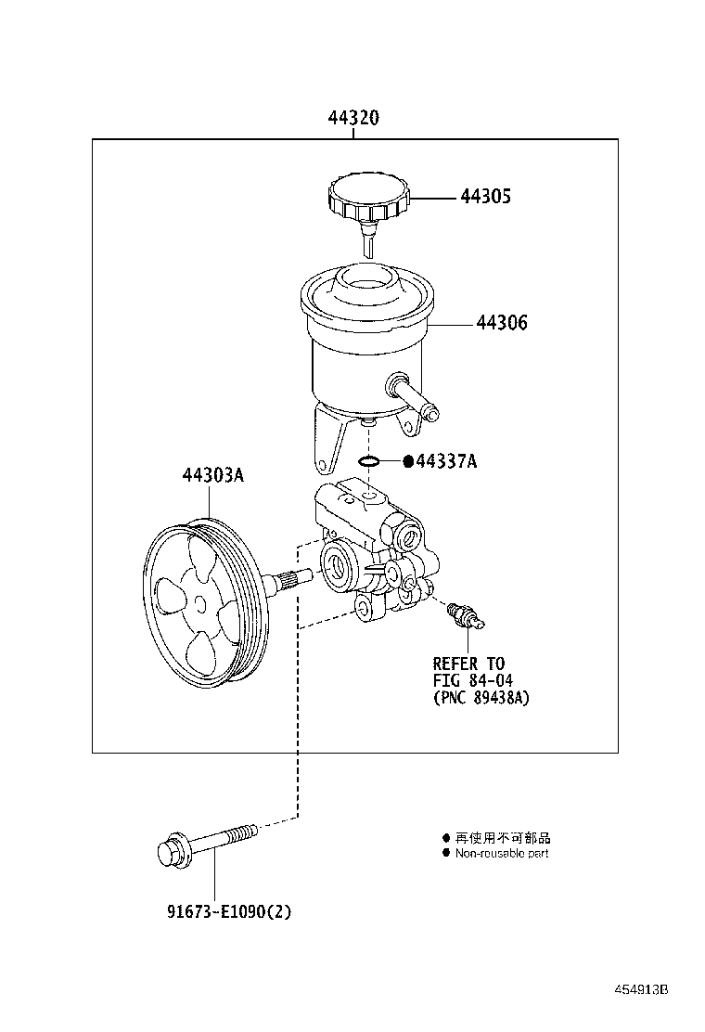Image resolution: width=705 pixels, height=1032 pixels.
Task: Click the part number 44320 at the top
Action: tap(352, 119)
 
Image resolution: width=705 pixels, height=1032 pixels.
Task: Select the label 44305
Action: tap(486, 197)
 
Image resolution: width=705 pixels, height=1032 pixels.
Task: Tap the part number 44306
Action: tap(502, 324)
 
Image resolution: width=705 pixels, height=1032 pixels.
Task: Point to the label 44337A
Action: tap(446, 461)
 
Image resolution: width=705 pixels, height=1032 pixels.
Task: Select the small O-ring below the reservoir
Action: tap(368, 460)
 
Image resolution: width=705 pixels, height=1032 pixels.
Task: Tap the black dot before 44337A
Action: tap(406, 461)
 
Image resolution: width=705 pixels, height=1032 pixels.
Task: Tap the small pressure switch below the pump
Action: tap(460, 613)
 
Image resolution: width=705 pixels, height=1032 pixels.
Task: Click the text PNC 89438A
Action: tap(481, 698)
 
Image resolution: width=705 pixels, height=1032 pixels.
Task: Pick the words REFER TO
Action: tap(468, 664)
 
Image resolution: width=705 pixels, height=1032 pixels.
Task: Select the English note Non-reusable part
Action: tap(501, 853)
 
